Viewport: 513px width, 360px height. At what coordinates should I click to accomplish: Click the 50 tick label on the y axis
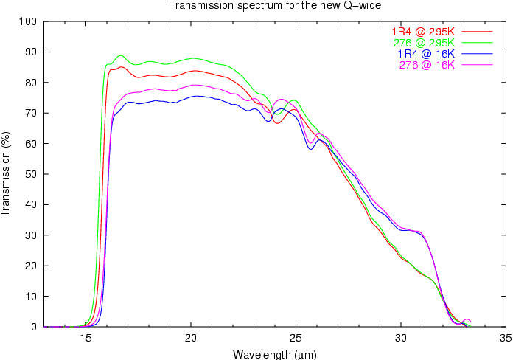32,174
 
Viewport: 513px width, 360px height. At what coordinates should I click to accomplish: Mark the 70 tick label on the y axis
32,113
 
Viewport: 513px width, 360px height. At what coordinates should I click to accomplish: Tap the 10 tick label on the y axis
32,297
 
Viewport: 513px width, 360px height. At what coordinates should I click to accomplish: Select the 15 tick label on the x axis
86,339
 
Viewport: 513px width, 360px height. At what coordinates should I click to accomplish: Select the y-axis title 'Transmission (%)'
7,173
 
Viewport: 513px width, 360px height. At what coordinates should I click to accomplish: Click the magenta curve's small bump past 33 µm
466,319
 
